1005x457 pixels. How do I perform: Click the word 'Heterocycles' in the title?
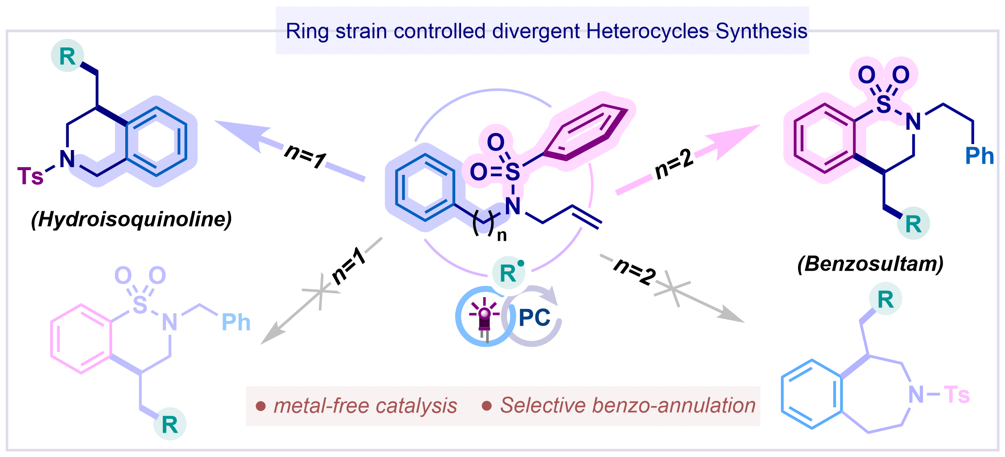tap(647, 31)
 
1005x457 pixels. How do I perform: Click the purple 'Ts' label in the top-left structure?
tap(30, 176)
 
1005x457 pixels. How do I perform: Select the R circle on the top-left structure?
tap(68, 56)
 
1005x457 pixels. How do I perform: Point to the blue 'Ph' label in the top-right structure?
tap(979, 156)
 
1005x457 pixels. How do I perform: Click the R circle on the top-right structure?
tap(913, 224)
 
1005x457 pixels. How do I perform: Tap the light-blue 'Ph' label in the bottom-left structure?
tap(236, 322)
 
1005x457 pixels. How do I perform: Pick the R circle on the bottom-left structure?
tap(170, 425)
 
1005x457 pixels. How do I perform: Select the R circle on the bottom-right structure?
tap(885, 299)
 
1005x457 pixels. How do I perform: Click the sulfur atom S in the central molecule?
tap(512, 172)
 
